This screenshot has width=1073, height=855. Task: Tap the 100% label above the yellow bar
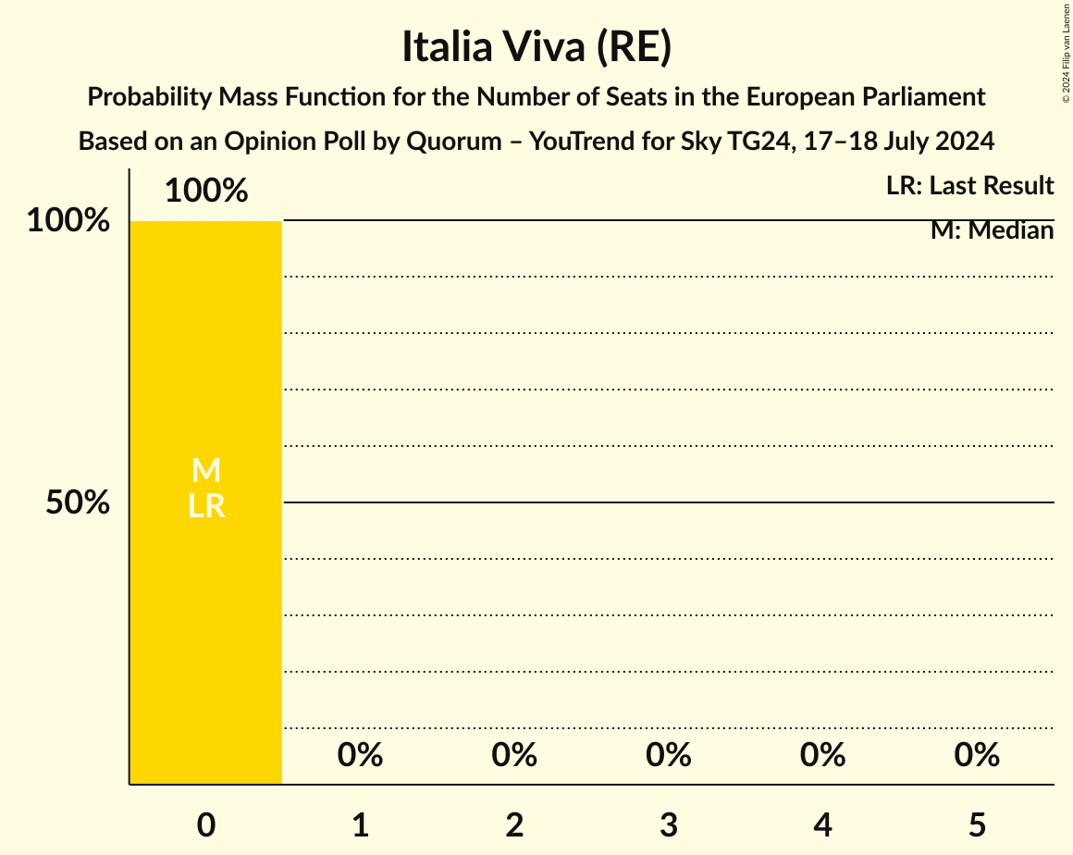[206, 191]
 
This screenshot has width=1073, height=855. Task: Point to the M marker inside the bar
[206, 471]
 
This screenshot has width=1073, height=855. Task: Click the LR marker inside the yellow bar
[206, 505]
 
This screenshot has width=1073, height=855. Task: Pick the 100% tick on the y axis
[68, 221]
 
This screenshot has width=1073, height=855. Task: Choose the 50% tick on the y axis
[78, 502]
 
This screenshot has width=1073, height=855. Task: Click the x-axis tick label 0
[206, 824]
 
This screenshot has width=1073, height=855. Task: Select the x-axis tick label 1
[361, 824]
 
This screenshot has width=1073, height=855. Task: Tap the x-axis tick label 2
[514, 824]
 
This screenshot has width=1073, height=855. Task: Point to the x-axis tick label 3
[669, 824]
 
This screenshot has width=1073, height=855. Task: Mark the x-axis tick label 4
[823, 824]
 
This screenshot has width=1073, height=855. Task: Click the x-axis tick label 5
[977, 824]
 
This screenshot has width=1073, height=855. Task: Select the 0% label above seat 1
[361, 755]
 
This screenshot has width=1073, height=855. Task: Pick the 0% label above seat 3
[669, 755]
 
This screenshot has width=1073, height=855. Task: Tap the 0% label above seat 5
[977, 755]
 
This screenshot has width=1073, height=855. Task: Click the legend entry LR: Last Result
[969, 186]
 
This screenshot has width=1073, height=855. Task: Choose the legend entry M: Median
[992, 230]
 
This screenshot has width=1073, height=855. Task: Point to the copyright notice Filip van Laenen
[1066, 52]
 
